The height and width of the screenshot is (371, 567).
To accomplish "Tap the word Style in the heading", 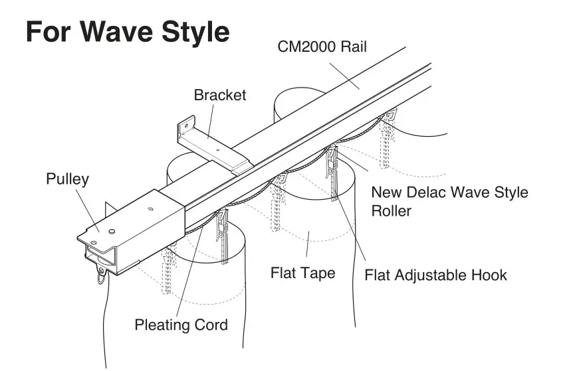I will tap(197, 32).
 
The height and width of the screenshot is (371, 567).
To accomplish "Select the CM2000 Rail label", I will tap(322, 47).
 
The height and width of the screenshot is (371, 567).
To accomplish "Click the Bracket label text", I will tap(220, 95).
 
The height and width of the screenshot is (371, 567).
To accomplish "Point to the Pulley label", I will tap(67, 179).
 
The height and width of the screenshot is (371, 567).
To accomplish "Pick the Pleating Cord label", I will tap(181, 325).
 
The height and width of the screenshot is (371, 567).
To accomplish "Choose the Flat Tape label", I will tap(302, 273).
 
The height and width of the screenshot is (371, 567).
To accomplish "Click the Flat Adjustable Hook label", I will tap(435, 274).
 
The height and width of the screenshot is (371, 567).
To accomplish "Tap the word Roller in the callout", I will tap(392, 211).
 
